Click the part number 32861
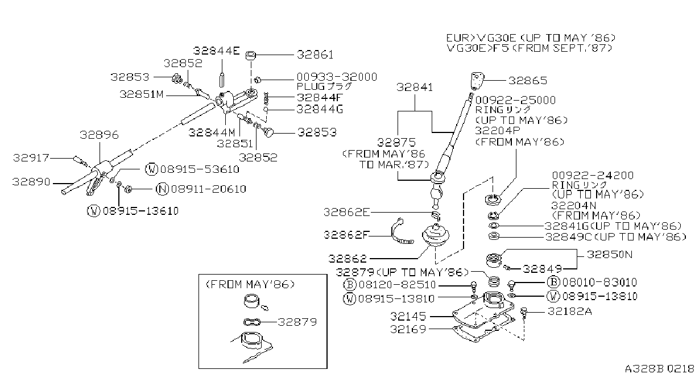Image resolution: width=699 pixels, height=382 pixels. click(x=315, y=55)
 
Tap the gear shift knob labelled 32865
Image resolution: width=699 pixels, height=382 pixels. click(x=477, y=81)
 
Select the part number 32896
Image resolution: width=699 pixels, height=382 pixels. click(x=99, y=135)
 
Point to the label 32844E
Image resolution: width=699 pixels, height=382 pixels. click(x=217, y=51)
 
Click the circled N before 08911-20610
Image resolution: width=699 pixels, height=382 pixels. click(x=162, y=189)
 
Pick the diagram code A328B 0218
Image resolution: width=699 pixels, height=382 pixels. click(x=659, y=369)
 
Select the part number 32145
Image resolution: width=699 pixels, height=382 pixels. click(x=408, y=317)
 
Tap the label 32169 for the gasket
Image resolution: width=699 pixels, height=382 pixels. click(x=408, y=329)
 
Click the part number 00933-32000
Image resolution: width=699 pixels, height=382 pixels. click(x=337, y=77)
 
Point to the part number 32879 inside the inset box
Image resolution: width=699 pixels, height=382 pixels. click(x=297, y=322)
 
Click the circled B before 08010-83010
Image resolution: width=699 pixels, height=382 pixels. click(x=553, y=282)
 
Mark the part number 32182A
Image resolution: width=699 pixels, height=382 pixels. click(x=570, y=312)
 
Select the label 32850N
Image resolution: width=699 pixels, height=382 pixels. click(x=610, y=255)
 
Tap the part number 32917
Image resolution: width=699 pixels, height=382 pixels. click(x=31, y=158)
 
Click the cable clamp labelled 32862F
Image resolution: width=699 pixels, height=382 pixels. click(x=402, y=231)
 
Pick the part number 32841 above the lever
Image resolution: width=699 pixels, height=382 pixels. click(x=415, y=88)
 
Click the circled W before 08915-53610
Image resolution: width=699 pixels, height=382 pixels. click(x=152, y=169)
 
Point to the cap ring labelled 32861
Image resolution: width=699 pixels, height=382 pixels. click(x=251, y=56)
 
